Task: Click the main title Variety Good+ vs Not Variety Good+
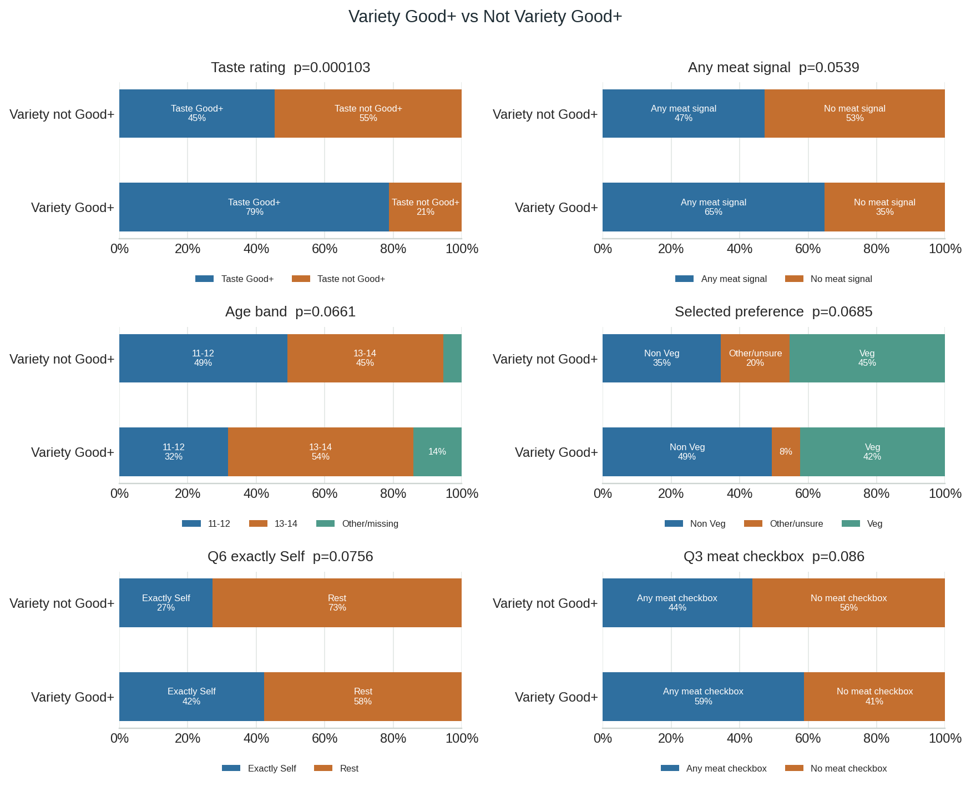tap(485, 17)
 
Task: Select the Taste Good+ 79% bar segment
tap(254, 207)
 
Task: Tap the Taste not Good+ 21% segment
tap(426, 207)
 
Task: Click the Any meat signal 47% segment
tap(684, 113)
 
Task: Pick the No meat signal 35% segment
tap(884, 207)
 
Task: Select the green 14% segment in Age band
tap(437, 452)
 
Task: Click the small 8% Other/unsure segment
tap(786, 452)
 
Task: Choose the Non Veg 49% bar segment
tap(687, 452)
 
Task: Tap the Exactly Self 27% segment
tap(166, 603)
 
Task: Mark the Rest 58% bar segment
tap(363, 697)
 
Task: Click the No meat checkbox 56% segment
tap(848, 603)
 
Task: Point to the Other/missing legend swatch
tap(326, 523)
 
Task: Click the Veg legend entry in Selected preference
tap(862, 523)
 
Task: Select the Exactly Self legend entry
tap(259, 768)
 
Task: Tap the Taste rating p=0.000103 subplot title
tap(291, 68)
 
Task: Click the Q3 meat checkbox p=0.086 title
tap(774, 557)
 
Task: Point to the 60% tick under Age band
tap(325, 493)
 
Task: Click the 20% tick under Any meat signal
tap(671, 249)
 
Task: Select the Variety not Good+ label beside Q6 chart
tap(62, 603)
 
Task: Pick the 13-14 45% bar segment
tap(365, 358)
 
